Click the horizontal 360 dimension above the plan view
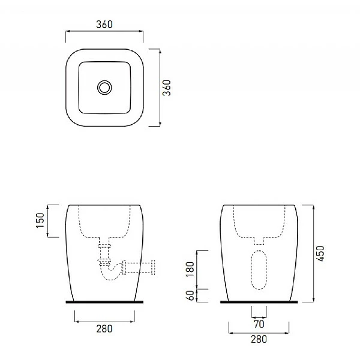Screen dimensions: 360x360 pyautogui.click(x=104, y=25)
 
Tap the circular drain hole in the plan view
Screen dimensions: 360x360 pyautogui.click(x=105, y=88)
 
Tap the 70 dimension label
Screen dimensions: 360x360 pyautogui.click(x=259, y=324)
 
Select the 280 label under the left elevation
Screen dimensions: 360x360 pyautogui.click(x=104, y=329)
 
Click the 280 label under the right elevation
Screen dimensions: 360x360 pyautogui.click(x=259, y=340)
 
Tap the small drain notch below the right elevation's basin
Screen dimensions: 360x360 pyautogui.click(x=259, y=239)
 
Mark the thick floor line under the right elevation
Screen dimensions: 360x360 pyautogui.click(x=259, y=302)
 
